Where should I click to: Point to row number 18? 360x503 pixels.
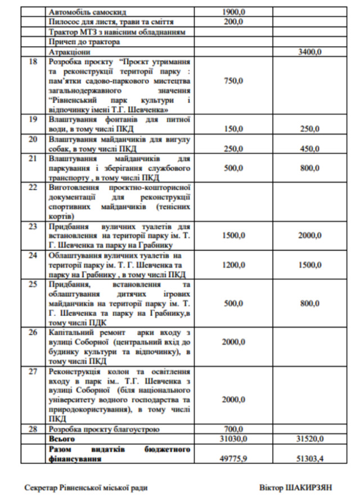click(33, 61)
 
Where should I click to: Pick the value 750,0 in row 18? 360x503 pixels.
click(233, 81)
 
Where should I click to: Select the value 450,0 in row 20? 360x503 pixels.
click(309, 149)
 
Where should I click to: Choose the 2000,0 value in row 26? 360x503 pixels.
click(233, 342)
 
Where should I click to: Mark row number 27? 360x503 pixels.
click(33, 372)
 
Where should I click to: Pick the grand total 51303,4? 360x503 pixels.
click(309, 459)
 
